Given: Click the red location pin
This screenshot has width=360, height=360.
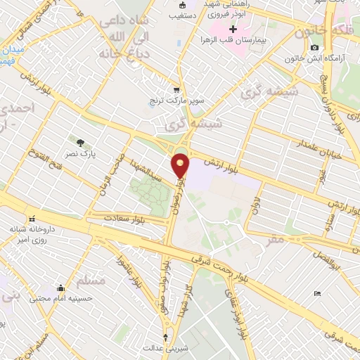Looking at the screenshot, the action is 181,165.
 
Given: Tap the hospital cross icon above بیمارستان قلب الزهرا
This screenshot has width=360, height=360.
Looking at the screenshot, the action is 233,30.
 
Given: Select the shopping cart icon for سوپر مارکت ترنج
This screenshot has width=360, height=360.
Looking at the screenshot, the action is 176,89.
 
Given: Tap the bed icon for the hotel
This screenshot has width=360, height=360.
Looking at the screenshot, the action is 317,294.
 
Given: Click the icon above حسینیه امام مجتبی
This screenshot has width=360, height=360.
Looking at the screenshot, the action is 61,287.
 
